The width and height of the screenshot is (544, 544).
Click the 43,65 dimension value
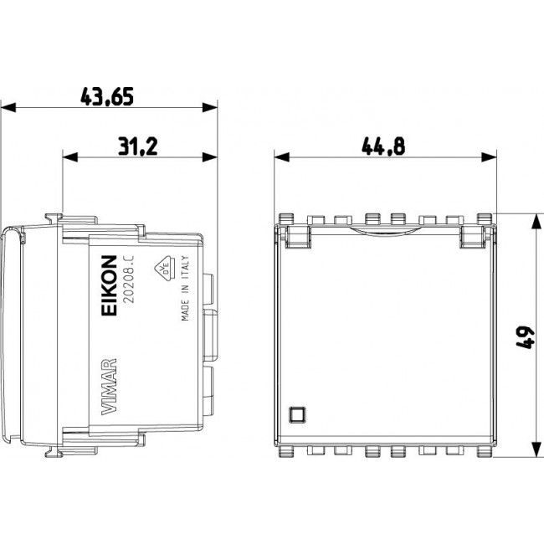point(106,97)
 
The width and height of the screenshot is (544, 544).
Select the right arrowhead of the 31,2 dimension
point(210,157)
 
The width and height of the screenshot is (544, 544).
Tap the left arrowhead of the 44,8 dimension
point(283,157)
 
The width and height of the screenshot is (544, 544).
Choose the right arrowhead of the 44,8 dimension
point(490,157)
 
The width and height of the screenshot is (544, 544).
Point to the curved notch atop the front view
point(386,230)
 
